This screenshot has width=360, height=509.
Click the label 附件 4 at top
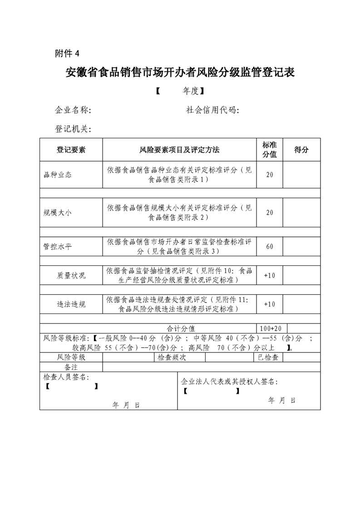pos(67,54)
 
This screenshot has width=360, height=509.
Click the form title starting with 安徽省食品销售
pos(180,73)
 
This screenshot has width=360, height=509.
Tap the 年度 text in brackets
pos(191,91)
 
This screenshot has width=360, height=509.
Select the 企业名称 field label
pos(73,110)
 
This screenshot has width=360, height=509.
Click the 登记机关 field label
pos(73,129)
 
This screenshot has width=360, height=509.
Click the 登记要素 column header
pos(71,150)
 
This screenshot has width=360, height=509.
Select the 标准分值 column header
pos(270,150)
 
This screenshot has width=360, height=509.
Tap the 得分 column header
pos(301,150)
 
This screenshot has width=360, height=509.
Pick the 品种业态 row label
pos(58,175)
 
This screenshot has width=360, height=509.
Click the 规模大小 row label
pos(58,212)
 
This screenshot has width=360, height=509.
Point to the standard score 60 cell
pos(270,247)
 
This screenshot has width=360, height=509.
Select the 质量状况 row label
pos(71,275)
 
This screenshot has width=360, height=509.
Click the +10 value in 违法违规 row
pos(270,304)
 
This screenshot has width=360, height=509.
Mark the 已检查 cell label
pos(268,357)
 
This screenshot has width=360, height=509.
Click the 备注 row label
pos(71,366)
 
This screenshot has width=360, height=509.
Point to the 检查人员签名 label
pos(66,377)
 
